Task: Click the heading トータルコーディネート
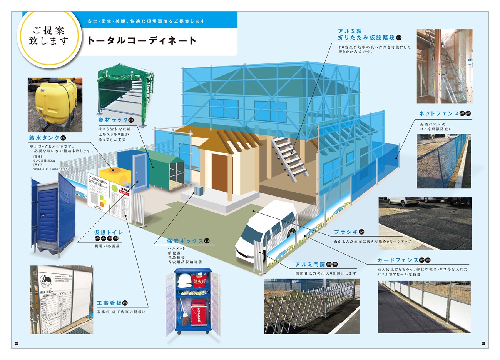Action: (x=142, y=40)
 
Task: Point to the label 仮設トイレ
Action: (x=109, y=232)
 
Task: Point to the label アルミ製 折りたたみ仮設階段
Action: (x=366, y=34)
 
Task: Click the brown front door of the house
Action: (x=219, y=173)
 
